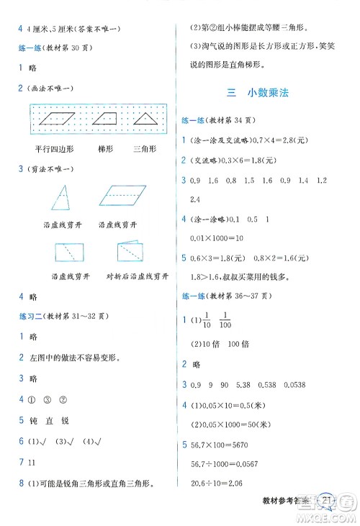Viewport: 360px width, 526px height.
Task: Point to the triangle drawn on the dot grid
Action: pyautogui.click(x=146, y=119)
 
